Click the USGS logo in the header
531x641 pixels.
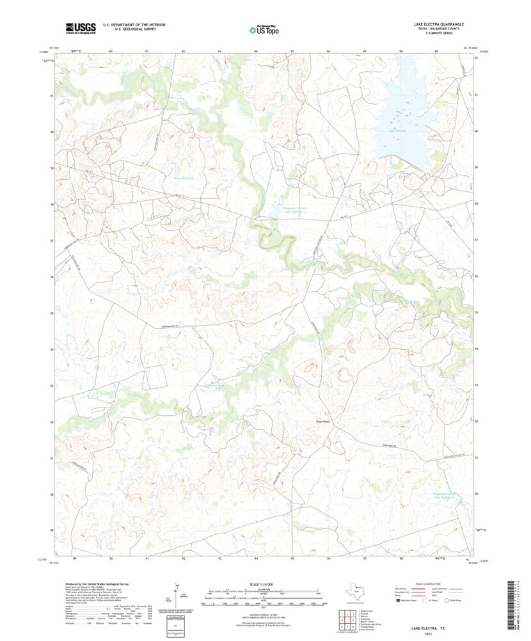(80, 28)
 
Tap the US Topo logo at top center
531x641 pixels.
(264, 29)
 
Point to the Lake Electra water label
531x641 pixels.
(397, 131)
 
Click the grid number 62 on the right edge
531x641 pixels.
(477, 58)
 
